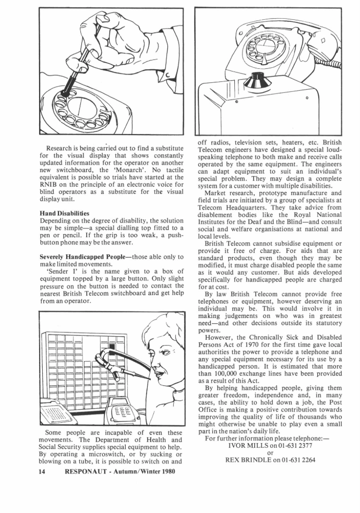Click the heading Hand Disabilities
click(x=64, y=213)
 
